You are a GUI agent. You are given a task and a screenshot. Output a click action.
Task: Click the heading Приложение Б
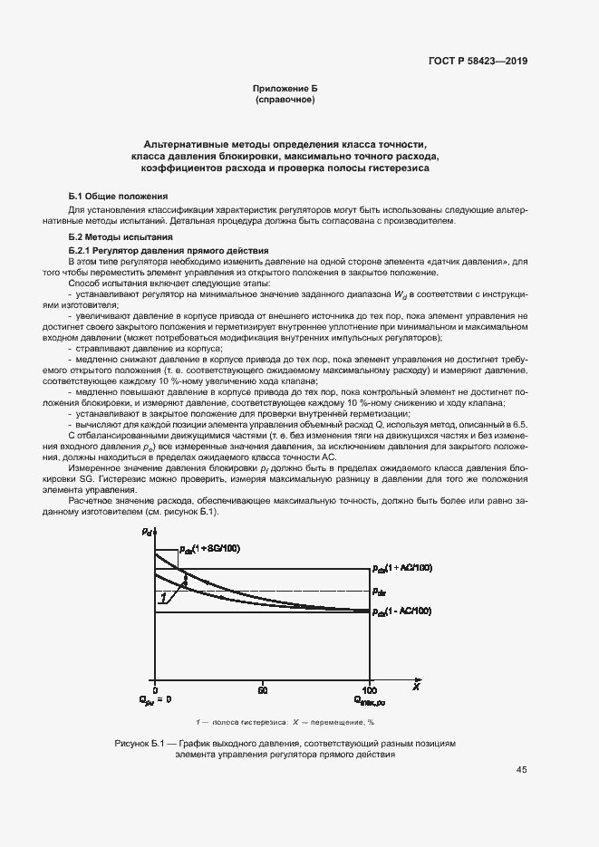tap(285, 89)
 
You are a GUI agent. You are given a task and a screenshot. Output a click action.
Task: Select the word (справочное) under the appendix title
tap(285, 100)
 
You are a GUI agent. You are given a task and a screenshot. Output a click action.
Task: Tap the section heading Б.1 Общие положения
tap(118, 197)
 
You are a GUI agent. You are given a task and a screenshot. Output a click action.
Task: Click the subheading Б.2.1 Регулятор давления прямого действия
tap(168, 249)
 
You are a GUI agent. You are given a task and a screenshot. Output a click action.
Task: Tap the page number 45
tap(521, 770)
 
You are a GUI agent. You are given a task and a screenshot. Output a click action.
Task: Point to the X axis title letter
tap(416, 688)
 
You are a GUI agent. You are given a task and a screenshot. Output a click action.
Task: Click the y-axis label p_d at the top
tap(147, 532)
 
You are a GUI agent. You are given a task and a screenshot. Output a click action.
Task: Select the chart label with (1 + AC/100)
tap(402, 568)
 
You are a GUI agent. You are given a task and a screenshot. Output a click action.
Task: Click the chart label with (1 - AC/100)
tap(402, 613)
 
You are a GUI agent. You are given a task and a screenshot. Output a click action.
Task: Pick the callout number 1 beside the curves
tap(162, 598)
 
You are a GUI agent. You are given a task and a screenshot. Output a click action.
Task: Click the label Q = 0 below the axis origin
tap(154, 700)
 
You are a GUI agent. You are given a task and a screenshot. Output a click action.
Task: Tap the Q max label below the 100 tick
tap(371, 700)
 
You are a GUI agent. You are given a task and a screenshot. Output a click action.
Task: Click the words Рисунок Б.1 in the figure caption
tap(138, 743)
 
